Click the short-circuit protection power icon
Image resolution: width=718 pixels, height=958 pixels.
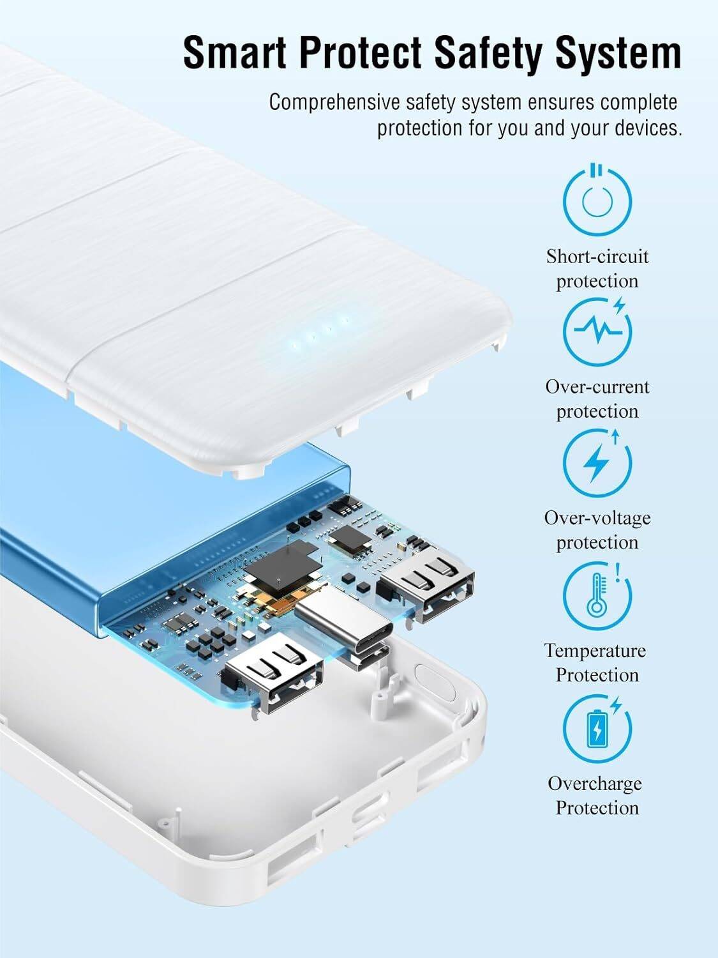597,201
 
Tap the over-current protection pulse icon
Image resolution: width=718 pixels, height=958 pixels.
597,330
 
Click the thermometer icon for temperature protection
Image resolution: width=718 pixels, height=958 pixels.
597,595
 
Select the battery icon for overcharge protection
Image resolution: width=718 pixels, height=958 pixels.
597,728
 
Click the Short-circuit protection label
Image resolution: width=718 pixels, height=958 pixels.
597,269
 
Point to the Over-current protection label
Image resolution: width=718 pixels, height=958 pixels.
597,399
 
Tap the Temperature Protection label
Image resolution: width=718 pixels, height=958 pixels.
595,662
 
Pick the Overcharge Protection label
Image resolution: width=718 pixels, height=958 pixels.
595,795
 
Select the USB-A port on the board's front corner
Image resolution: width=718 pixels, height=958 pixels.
276,673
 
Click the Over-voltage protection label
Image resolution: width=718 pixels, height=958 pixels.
597,530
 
